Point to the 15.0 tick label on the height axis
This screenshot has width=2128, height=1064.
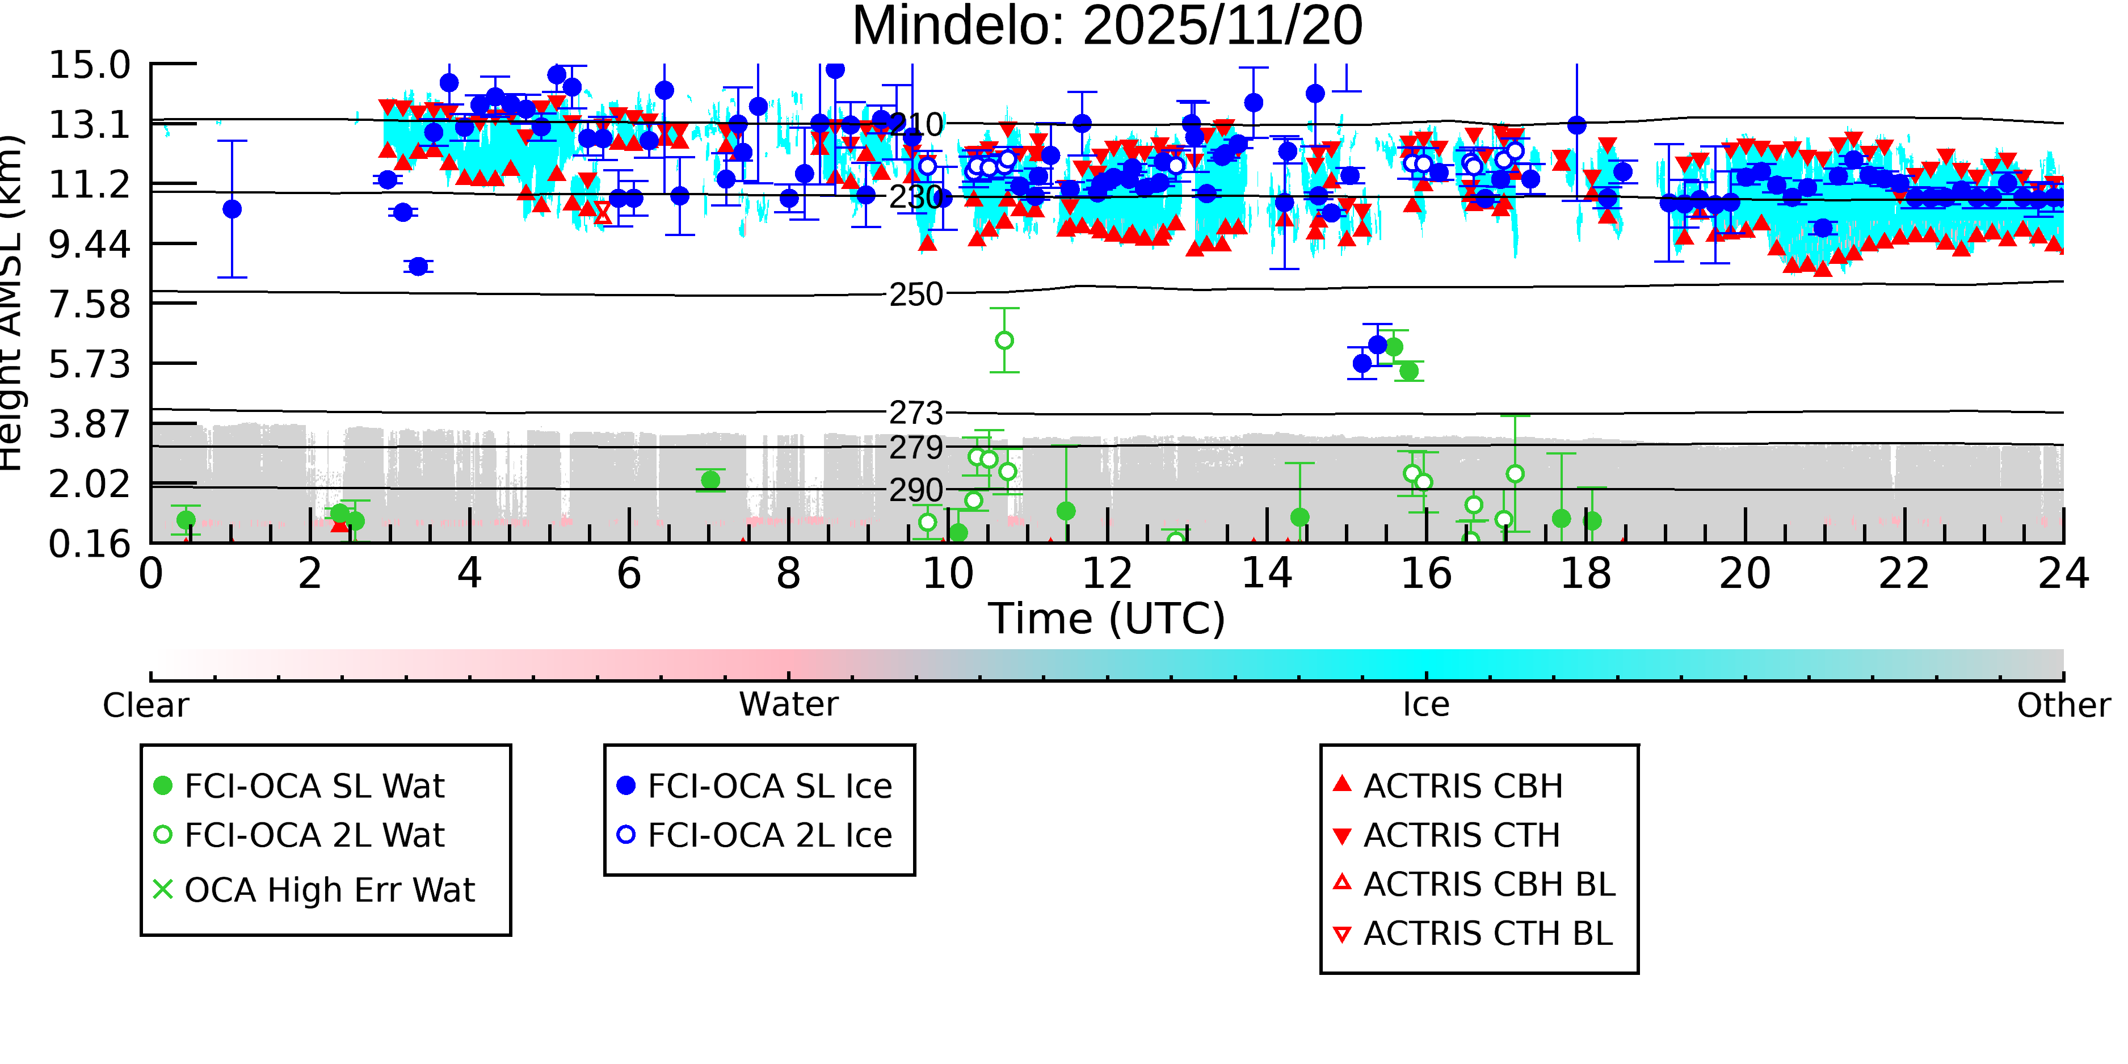coord(89,65)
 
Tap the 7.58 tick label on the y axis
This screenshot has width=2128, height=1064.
coord(89,304)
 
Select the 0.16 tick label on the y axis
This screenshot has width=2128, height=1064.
coord(89,544)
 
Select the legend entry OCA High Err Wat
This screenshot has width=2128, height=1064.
coord(329,890)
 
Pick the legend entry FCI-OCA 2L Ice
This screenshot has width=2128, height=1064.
coord(769,835)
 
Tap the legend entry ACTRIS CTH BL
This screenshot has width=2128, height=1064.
coord(1487,934)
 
